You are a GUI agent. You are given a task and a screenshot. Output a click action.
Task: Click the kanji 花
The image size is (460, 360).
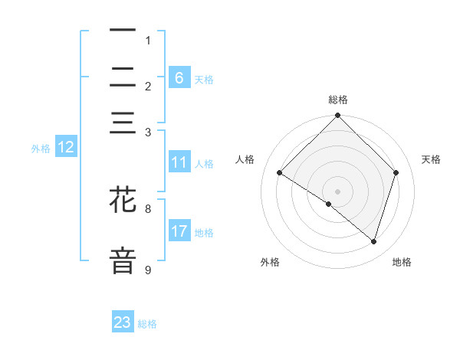click(123, 201)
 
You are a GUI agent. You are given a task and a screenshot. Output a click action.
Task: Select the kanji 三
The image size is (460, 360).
click(123, 123)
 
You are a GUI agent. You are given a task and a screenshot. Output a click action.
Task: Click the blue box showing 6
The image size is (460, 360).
click(179, 78)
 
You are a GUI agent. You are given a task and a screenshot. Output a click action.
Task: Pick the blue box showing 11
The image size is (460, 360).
click(179, 162)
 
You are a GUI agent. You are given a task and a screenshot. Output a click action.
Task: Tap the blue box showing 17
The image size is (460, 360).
click(179, 231)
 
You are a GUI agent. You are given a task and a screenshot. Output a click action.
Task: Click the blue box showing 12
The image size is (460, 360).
click(65, 148)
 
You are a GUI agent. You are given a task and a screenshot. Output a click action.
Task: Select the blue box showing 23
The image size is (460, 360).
click(123, 322)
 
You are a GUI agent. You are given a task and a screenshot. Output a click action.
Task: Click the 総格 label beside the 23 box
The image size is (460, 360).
click(147, 324)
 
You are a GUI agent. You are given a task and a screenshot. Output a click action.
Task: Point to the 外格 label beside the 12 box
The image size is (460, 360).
click(41, 149)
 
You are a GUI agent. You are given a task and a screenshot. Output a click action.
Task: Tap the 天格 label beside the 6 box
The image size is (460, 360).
click(204, 79)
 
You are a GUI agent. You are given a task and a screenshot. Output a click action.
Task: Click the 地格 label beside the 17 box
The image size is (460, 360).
click(204, 232)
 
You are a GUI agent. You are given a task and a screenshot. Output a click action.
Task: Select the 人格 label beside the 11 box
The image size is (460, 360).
click(204, 163)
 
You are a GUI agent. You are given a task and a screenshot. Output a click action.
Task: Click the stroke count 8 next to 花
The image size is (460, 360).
click(148, 208)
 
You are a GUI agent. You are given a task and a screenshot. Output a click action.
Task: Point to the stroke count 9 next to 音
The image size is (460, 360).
click(148, 270)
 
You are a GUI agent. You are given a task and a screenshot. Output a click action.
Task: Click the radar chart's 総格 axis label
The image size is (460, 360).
click(337, 100)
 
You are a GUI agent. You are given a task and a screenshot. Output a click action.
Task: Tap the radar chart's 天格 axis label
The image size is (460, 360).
click(431, 159)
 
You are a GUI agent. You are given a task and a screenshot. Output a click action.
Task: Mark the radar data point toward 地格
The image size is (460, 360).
click(373, 241)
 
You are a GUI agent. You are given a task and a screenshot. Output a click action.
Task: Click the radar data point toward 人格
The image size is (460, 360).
click(279, 173)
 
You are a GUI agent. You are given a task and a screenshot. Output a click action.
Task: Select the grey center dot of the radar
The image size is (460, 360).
click(337, 191)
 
